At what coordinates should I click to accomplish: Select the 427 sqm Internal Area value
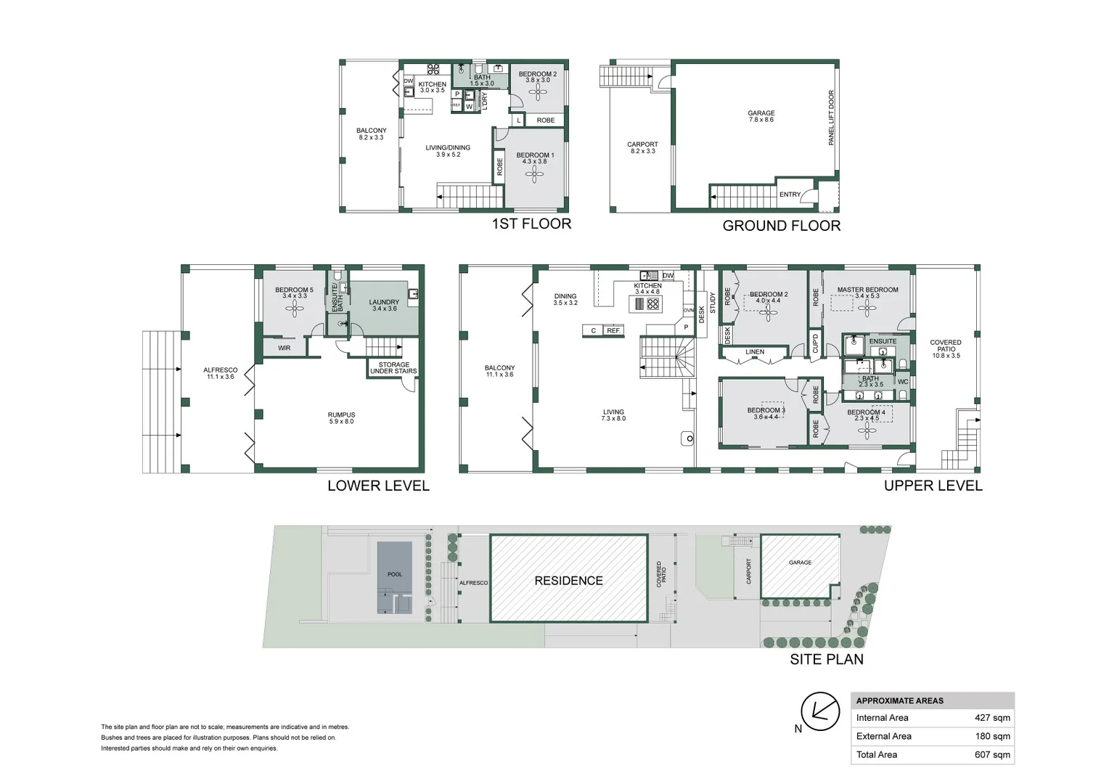coord(991,718)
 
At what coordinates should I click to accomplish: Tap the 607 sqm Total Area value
coord(991,755)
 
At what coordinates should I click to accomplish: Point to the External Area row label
coord(883,736)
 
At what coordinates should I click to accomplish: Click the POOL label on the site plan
coord(394,574)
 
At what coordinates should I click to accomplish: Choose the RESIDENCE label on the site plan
coord(568,581)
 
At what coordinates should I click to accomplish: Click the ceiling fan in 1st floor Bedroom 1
coord(535,174)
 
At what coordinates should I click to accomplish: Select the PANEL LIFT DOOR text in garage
coord(831,118)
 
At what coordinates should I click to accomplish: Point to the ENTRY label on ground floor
coord(790,195)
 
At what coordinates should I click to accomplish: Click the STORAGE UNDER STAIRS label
coord(393,368)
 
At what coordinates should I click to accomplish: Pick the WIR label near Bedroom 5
coord(284,348)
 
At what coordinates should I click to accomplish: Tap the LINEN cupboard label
coord(754,352)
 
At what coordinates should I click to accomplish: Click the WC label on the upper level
coord(902,382)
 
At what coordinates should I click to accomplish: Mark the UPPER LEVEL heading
coord(933,486)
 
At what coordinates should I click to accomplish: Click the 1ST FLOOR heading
coord(531,224)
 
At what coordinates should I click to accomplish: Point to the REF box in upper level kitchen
coord(613,331)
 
